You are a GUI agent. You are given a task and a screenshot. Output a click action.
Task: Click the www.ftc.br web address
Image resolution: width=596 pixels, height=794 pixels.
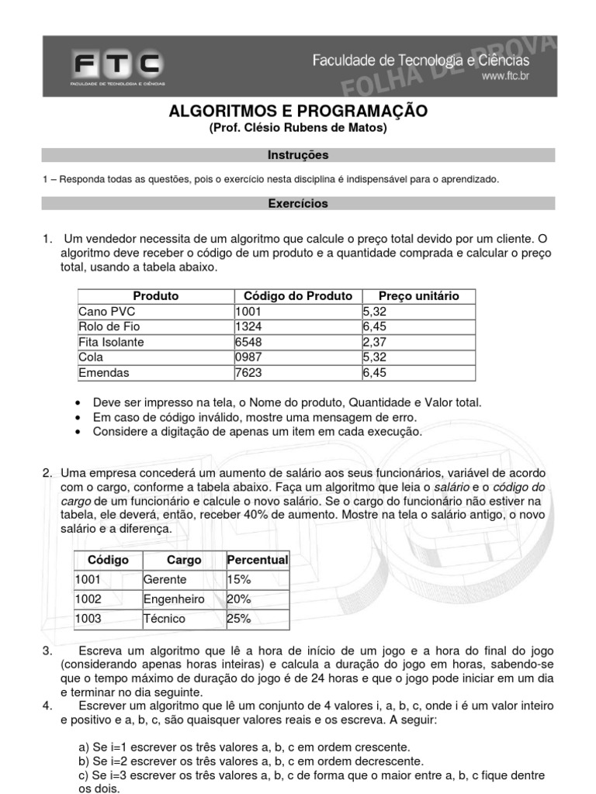[x=505, y=76]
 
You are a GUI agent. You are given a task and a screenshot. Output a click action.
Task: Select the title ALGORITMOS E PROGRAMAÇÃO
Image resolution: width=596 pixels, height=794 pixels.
[x=298, y=112]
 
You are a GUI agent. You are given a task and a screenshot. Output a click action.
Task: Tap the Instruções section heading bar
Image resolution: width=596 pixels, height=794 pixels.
[x=298, y=155]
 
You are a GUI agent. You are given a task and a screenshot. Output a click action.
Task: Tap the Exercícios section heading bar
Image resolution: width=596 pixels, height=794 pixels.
[x=298, y=204]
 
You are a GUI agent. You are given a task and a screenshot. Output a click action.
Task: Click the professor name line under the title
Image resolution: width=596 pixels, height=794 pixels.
[x=298, y=129]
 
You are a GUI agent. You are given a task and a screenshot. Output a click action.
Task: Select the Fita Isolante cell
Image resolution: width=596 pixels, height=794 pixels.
[x=111, y=342]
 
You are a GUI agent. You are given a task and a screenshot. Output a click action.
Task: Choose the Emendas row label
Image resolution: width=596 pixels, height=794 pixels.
[x=104, y=373]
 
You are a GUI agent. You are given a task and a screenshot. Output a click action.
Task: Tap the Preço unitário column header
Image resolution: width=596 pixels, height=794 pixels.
[x=418, y=295]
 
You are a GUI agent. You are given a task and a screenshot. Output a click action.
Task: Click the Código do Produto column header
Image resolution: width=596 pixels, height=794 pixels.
[x=297, y=295]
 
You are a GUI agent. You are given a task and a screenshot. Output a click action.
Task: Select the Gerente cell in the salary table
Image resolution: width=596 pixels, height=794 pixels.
[x=165, y=579]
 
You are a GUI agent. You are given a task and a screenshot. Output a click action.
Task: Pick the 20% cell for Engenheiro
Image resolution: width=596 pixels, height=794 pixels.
[x=239, y=599]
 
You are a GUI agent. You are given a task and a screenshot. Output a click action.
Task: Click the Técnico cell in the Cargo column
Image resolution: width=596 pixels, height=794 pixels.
[x=165, y=619]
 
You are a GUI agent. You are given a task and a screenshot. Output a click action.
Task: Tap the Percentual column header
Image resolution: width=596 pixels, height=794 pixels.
[x=257, y=560]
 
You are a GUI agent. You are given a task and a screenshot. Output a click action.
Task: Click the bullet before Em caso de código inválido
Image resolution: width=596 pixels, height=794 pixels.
[x=81, y=417]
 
